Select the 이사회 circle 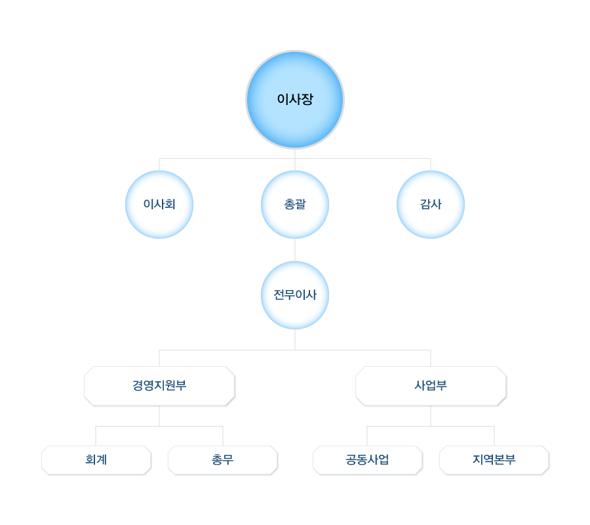(x=159, y=204)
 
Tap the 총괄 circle (x=295, y=204)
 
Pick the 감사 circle (x=431, y=204)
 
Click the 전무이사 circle (x=295, y=295)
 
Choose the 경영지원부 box (x=159, y=386)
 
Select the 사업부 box (x=431, y=386)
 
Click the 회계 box (x=96, y=460)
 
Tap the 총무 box (x=222, y=460)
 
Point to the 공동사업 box (x=367, y=460)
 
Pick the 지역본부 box (x=494, y=460)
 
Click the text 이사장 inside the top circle (x=295, y=100)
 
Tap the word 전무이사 (x=295, y=295)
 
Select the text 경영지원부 (x=159, y=385)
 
